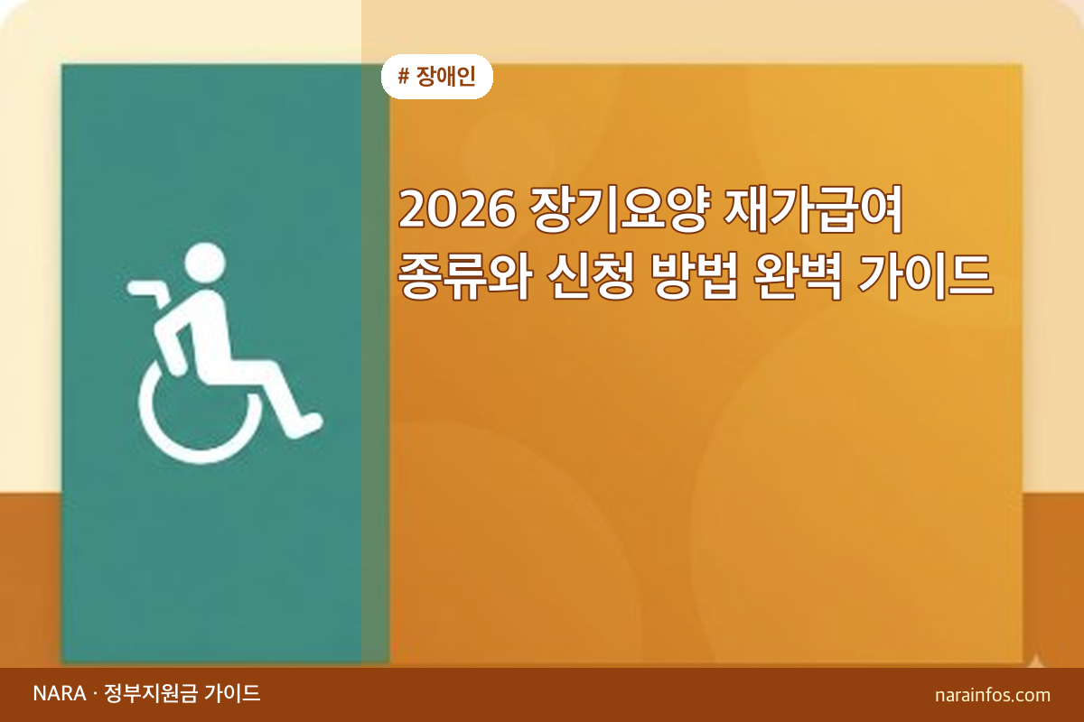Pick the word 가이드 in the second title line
(x=935, y=273)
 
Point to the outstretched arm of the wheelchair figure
(x=149, y=290)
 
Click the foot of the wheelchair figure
(x=307, y=424)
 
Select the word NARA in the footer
(x=59, y=694)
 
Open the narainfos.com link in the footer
(x=993, y=695)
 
